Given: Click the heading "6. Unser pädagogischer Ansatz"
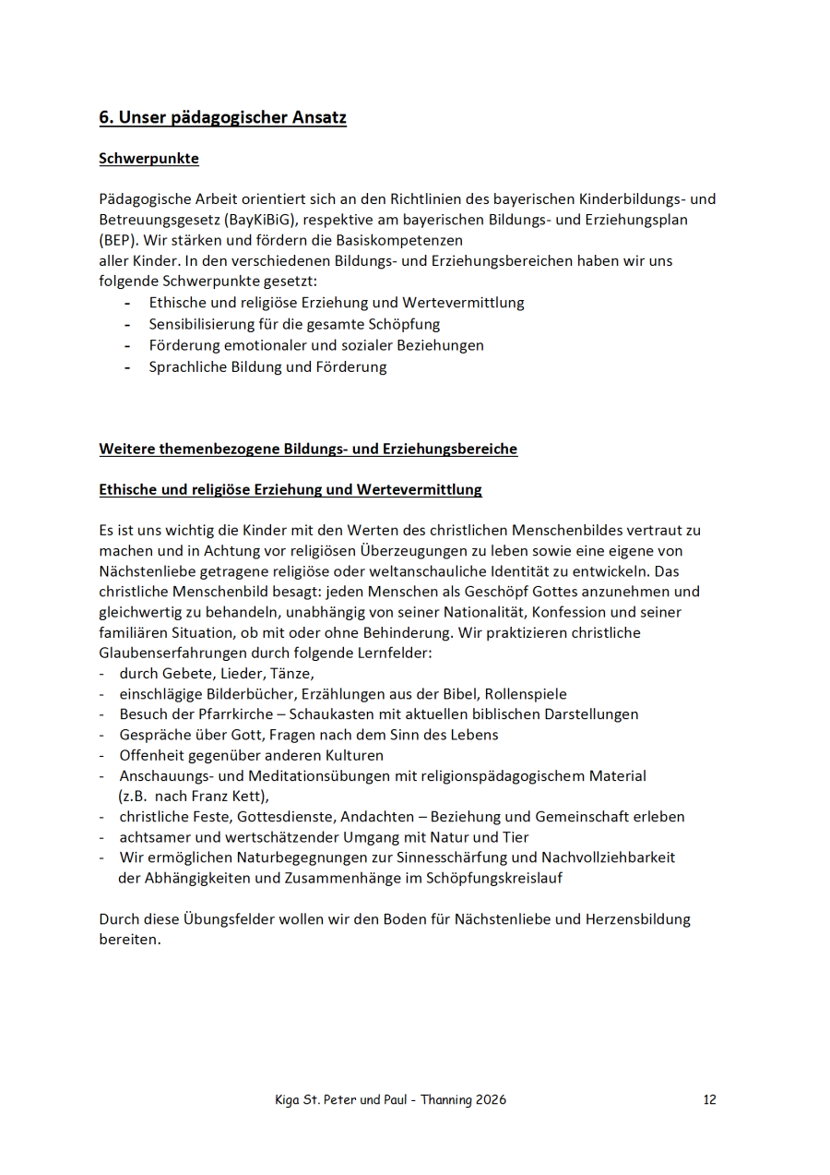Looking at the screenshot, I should point(222,118).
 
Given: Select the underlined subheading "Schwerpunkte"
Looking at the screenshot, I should point(148,159).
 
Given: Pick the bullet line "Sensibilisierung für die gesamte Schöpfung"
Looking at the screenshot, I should point(294,324).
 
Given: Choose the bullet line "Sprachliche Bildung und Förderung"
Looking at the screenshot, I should point(267,366).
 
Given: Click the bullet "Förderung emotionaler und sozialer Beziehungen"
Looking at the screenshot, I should point(316,345).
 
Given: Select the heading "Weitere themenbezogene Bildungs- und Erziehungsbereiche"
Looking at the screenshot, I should point(308,450).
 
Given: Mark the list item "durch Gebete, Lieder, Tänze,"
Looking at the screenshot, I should point(217,673).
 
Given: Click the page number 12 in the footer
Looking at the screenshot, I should point(709,1099).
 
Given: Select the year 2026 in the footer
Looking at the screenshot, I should point(489,1099).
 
